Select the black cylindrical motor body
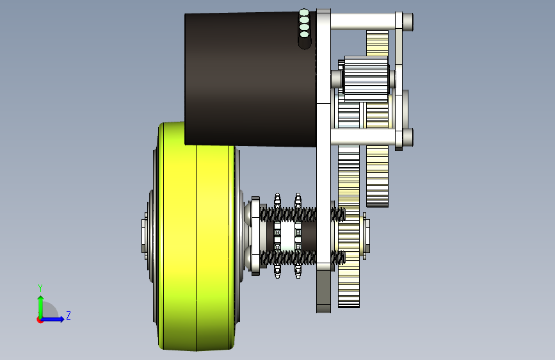click(x=250, y=79)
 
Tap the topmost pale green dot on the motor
click(x=303, y=13)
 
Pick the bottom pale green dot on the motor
click(x=304, y=35)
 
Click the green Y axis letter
click(x=40, y=288)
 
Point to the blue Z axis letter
click(x=68, y=315)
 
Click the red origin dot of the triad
click(x=40, y=320)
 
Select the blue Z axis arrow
click(x=52, y=319)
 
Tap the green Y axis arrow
click(x=40, y=307)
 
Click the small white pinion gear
click(x=366, y=79)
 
